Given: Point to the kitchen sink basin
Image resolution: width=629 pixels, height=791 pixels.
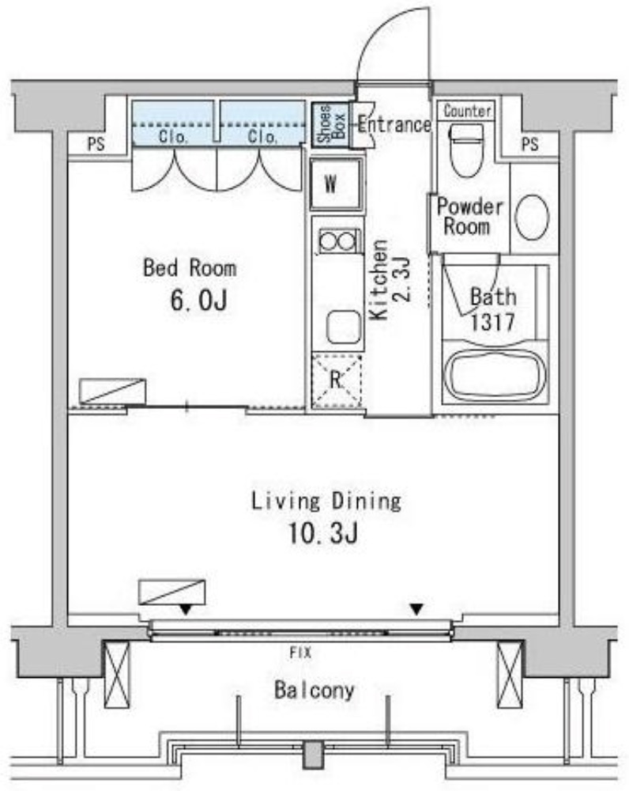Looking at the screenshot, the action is click(345, 327).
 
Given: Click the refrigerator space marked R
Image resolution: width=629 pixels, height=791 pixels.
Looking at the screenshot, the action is click(337, 381).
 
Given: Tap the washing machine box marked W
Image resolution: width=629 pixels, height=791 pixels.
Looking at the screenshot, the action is click(336, 184).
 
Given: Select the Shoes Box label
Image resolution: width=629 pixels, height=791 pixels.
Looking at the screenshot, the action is click(330, 124).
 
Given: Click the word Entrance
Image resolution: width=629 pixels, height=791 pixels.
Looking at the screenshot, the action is click(394, 124).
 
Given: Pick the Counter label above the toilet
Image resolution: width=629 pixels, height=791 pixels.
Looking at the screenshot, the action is click(467, 111).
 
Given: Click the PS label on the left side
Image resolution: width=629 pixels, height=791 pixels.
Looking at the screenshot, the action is click(96, 144).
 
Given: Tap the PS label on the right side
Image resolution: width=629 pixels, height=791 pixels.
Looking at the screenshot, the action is click(529, 145).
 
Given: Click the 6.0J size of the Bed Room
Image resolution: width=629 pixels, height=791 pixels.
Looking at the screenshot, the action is click(198, 301).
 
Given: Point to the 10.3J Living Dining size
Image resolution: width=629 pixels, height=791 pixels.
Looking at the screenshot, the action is click(323, 533).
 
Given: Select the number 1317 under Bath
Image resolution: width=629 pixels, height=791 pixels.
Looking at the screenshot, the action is click(492, 322).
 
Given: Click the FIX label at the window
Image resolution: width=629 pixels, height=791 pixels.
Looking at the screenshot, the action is click(300, 653).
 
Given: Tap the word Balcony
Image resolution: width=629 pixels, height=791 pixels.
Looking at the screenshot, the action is click(314, 690).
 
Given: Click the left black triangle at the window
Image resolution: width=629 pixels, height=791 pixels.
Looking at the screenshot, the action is click(186, 610).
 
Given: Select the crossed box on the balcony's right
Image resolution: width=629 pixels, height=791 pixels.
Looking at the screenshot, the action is click(510, 675).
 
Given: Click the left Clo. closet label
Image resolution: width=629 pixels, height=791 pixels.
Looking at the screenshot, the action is click(173, 136).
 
